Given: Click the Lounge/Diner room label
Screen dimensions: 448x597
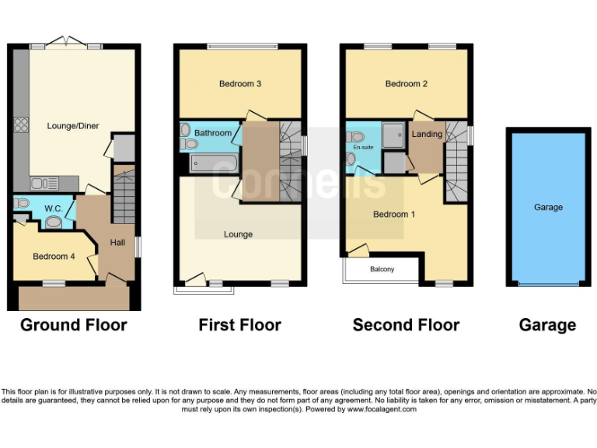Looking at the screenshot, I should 73,126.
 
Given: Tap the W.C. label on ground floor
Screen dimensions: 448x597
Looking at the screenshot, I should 54,208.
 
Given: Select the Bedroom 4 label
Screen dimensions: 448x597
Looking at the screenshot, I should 54,255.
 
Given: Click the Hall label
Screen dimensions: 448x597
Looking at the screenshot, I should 117,243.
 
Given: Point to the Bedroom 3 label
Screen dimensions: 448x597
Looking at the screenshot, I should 239,83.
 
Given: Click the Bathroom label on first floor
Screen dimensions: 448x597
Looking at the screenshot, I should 213,133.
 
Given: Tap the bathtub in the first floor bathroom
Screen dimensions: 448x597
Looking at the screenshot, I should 214,163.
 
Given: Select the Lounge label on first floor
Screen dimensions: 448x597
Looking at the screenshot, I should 239,233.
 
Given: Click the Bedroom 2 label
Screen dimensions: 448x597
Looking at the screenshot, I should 407,83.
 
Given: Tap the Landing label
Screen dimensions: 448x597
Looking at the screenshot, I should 427,134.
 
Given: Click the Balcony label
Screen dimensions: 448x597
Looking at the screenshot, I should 382,270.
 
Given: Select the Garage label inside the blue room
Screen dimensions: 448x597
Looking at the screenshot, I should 548,208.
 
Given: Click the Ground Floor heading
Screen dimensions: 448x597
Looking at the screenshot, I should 73,324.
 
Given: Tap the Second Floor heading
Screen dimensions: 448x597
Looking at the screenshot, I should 406,324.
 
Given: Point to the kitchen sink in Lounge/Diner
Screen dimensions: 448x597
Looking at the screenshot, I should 44,183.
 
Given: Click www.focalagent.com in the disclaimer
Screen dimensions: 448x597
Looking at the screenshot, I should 382,409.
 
